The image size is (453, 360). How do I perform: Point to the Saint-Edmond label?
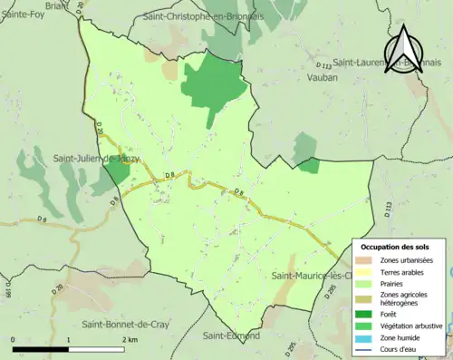click(x=231, y=336)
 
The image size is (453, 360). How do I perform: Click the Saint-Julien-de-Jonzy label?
click(x=96, y=161)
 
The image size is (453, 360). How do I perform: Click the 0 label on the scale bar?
click(x=14, y=339)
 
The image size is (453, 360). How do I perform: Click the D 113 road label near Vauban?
click(x=324, y=65)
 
